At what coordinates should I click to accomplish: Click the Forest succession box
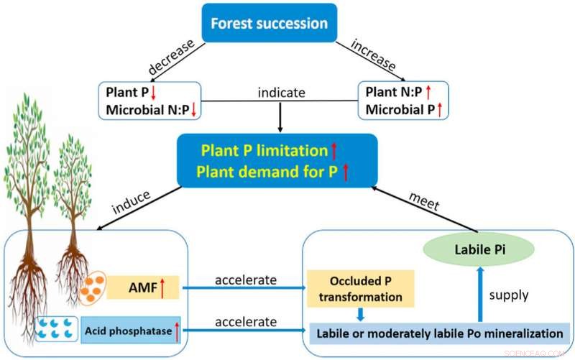coord(270,24)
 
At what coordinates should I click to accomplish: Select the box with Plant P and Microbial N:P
coord(149,101)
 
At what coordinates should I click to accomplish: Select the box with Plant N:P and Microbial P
coord(402,101)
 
